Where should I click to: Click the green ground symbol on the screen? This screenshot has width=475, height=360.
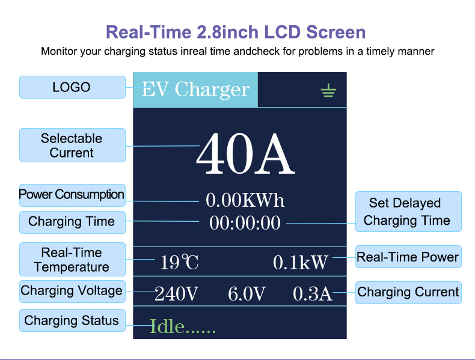point(328,91)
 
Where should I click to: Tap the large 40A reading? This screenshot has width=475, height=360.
point(245,153)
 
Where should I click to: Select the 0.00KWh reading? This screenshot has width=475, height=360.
point(245,200)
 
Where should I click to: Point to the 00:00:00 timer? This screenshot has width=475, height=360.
point(245,223)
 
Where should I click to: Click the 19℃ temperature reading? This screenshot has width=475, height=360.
point(179,262)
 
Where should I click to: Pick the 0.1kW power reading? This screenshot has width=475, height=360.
point(300,262)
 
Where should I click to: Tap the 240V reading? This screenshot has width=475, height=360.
point(176,294)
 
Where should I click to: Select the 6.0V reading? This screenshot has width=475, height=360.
point(247,294)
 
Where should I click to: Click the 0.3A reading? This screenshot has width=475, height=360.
point(312,294)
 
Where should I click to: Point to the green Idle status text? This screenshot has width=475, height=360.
point(183,326)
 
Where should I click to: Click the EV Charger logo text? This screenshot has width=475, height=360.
point(195,90)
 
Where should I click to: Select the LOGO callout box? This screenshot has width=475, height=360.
point(72,87)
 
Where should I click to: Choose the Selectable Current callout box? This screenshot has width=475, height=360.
point(72,145)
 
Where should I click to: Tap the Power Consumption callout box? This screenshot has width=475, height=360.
point(72,195)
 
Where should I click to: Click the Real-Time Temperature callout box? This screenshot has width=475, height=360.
point(72,260)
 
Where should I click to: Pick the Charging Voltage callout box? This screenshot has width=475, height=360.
point(72,291)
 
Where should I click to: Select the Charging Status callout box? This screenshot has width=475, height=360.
point(72,320)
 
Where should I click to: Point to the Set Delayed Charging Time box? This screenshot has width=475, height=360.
point(408,212)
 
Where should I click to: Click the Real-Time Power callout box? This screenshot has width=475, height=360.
point(408,257)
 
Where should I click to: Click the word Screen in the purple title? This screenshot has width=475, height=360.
point(336,32)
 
